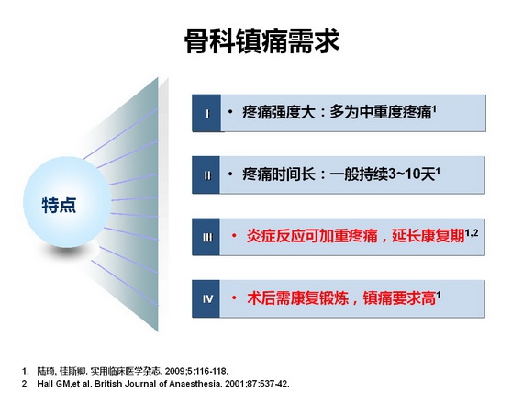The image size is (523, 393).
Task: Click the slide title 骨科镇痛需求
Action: (261, 41)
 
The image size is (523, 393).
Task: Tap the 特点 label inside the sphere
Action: (59, 205)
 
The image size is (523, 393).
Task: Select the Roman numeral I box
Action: (206, 113)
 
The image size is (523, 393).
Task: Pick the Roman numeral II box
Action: (206, 175)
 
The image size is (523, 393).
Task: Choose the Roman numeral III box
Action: (206, 237)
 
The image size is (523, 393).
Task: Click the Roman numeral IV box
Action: (206, 298)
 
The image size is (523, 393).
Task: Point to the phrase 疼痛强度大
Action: (279, 112)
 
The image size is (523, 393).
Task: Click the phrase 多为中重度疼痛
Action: (381, 112)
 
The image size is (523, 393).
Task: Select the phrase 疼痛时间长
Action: (279, 174)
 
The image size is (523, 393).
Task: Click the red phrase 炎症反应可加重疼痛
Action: (312, 236)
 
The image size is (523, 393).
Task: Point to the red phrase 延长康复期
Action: (428, 236)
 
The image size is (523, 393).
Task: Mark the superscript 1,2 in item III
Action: (472, 232)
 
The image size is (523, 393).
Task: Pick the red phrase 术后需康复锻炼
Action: (297, 298)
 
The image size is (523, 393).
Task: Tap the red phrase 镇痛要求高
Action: (399, 298)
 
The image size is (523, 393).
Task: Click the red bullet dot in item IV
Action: (234, 298)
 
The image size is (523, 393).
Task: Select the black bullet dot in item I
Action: (230, 111)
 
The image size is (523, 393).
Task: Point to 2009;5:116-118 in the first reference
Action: (196, 371)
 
